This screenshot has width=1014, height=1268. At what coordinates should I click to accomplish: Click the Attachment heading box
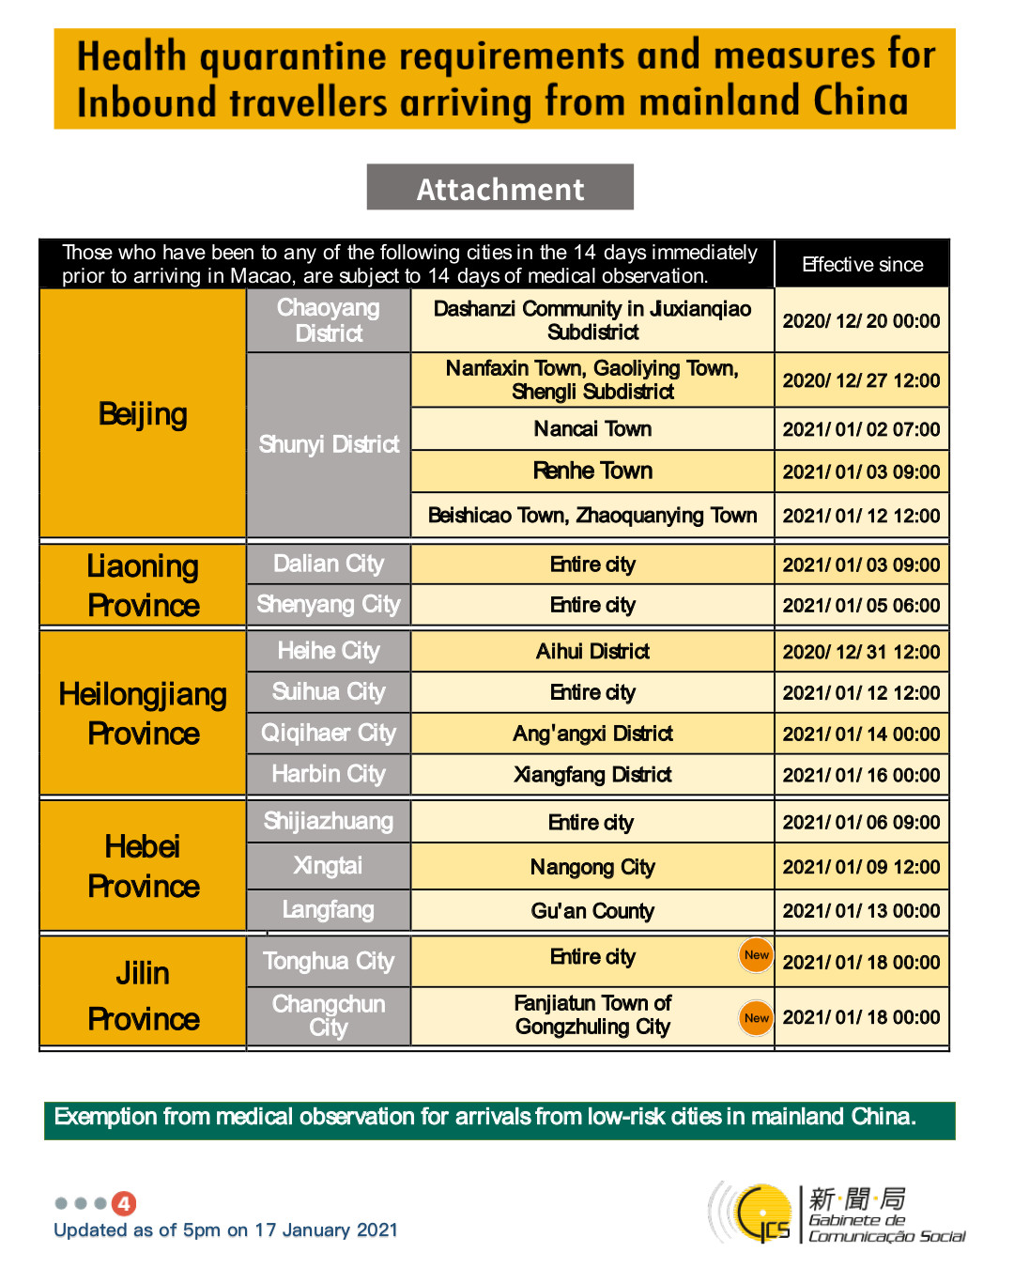point(499,188)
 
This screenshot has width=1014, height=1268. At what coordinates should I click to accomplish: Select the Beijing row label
point(143,414)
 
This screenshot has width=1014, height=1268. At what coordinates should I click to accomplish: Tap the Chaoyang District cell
point(329,320)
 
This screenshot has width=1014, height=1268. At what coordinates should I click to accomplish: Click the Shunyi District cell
point(329,444)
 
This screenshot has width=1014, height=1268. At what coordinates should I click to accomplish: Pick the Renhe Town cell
point(592,471)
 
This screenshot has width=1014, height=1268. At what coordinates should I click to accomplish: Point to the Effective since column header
point(862,265)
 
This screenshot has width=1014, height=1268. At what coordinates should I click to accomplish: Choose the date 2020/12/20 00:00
point(861,321)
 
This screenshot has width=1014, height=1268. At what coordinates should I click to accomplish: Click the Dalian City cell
point(329,564)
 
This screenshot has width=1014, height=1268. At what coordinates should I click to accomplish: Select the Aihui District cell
point(592,651)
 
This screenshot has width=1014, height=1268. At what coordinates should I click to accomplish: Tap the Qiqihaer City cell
point(329,733)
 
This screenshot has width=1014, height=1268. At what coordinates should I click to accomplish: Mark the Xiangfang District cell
point(592,775)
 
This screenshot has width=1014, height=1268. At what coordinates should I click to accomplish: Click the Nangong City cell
point(592,867)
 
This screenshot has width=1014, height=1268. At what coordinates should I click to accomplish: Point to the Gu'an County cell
point(592,911)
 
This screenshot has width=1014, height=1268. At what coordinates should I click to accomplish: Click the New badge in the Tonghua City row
point(756,955)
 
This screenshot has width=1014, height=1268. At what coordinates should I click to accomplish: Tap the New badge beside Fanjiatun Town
point(756,1018)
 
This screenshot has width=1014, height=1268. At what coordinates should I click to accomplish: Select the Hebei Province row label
point(143,866)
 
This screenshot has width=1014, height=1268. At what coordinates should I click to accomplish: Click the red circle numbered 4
point(124,1203)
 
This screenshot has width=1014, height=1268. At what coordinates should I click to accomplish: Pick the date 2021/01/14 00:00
point(861,734)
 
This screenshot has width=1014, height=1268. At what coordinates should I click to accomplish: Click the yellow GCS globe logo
point(763,1213)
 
